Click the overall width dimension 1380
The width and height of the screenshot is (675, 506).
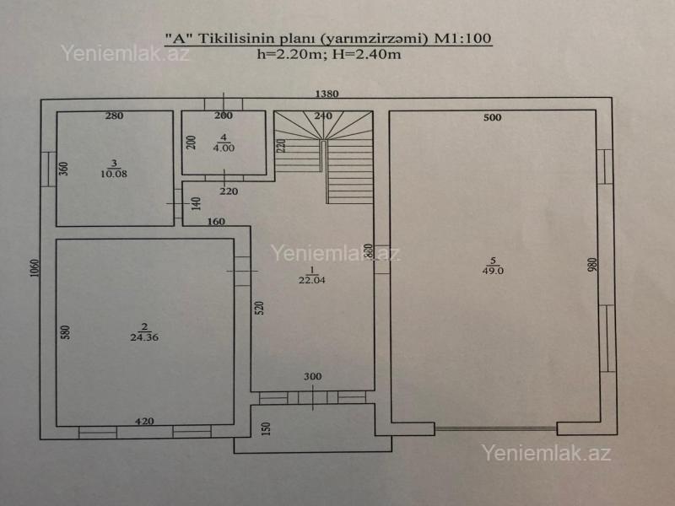click(x=327, y=94)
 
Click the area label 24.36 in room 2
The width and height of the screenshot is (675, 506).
click(x=144, y=336)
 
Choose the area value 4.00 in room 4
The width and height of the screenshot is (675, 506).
click(x=224, y=148)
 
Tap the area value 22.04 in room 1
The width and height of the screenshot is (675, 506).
click(x=311, y=280)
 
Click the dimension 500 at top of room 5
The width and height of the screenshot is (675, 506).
click(x=493, y=117)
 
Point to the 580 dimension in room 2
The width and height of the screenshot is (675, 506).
click(x=64, y=331)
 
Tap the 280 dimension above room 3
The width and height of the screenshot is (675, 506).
click(x=115, y=116)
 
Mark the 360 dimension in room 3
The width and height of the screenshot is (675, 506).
click(x=63, y=168)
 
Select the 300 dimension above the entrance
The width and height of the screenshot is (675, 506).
click(x=312, y=376)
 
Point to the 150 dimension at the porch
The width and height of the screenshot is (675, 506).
click(x=265, y=428)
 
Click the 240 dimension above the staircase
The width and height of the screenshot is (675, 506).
click(x=322, y=116)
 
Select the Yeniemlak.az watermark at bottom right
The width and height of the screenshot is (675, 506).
click(x=546, y=452)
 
